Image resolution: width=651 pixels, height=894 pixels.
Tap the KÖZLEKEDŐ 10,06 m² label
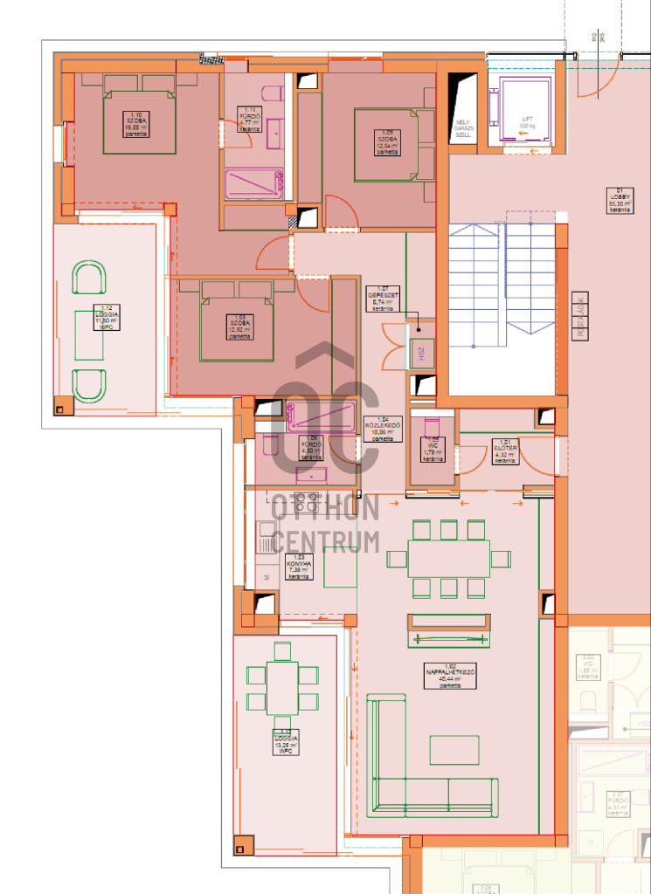coord(382,429)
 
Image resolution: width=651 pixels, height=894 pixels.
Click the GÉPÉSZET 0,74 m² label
coord(382,299)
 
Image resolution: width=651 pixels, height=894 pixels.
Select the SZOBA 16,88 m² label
coord(135,125)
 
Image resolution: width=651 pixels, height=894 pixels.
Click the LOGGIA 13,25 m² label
coord(284,742)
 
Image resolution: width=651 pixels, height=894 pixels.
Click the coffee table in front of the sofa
coord(454,750)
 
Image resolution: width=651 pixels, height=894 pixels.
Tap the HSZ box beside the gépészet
coord(422,354)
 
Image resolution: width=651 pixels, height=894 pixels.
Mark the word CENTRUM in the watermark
coord(325,542)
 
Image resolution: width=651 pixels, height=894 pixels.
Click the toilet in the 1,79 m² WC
coord(431,429)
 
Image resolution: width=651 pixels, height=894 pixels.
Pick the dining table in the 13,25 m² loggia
coord(282,687)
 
